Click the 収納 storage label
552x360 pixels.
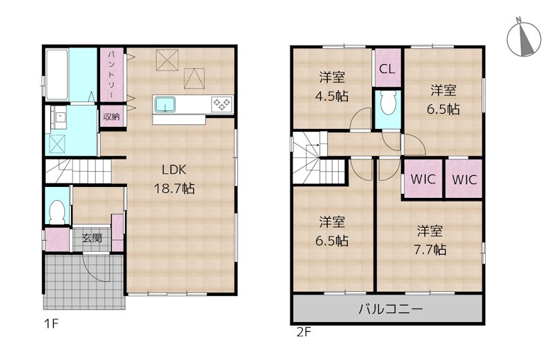point(111,117)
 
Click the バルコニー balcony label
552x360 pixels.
point(389,309)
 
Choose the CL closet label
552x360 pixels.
point(387,69)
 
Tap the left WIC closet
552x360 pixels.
point(422,179)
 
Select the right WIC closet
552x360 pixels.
point(463,179)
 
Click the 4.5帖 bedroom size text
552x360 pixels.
point(333,96)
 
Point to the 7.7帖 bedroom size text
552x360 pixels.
point(431,249)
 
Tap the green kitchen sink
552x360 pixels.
point(166,104)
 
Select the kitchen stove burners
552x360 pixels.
point(222,104)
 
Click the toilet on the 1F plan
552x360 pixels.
point(57,209)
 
